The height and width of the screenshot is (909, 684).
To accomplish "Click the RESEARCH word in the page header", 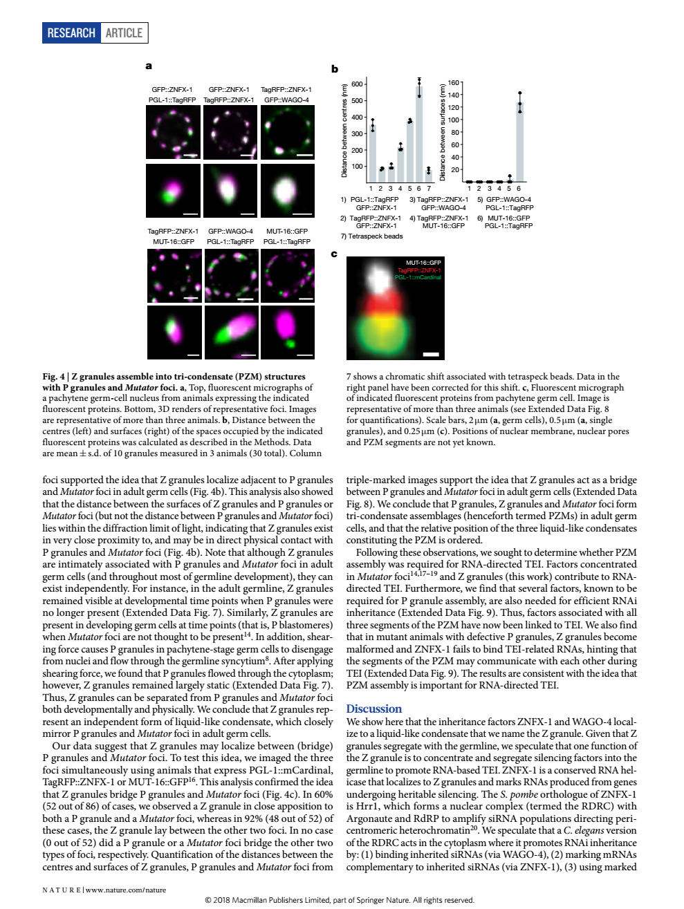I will (x=71, y=33).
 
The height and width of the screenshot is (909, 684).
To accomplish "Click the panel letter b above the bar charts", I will (x=335, y=68).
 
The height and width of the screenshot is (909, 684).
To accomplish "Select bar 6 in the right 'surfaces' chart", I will (x=519, y=142).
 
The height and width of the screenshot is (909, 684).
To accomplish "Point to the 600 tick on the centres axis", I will (x=357, y=84).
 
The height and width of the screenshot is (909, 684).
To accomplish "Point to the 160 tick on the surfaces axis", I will (x=454, y=83).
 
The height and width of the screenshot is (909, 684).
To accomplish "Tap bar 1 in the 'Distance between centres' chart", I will (x=373, y=153).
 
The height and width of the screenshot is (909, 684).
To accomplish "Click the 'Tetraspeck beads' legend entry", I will (x=371, y=236).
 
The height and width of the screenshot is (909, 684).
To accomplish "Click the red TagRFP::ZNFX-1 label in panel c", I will (x=419, y=270).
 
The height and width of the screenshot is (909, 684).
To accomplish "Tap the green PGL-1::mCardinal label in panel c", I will (x=418, y=277).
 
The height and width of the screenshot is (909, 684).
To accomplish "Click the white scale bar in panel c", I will (x=431, y=355).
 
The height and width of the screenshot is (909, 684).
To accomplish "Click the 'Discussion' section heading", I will (x=373, y=709).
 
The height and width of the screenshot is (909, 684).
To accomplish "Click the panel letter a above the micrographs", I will (x=149, y=66).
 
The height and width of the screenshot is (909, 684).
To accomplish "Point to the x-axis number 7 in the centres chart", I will (x=429, y=188).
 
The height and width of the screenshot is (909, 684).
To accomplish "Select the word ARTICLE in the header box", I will (x=124, y=33).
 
